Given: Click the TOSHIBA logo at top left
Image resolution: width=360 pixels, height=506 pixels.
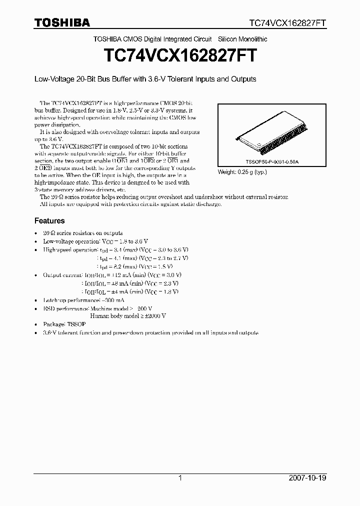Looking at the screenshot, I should click(62, 22).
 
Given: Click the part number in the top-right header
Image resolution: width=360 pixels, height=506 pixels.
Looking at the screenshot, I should click(288, 23).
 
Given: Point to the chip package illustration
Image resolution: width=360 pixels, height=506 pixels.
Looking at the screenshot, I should click(270, 135).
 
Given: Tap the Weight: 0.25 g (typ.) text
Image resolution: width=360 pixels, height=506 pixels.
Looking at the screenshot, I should click(242, 172).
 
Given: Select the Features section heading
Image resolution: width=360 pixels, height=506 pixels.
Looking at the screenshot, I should click(49, 220).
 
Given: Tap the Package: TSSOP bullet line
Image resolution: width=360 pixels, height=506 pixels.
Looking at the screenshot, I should click(65, 324).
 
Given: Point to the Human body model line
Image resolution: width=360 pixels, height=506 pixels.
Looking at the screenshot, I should click(127, 316).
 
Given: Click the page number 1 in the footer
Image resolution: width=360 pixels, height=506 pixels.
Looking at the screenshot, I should click(180, 478).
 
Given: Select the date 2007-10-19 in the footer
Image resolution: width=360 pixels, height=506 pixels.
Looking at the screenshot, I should click(307, 478).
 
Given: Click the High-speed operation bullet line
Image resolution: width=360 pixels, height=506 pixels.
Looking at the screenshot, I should click(115, 249).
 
